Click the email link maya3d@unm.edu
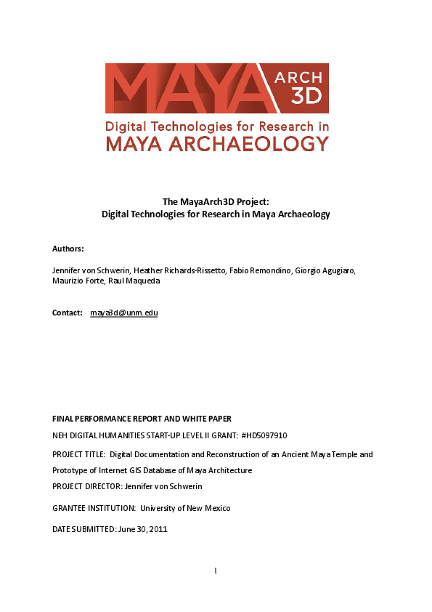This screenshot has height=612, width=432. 124,313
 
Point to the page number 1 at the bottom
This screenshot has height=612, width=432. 216,571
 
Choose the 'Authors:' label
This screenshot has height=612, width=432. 68,249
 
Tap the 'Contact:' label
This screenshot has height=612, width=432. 67,313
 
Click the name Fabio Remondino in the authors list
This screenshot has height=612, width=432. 245,270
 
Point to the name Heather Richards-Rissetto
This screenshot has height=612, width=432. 160,270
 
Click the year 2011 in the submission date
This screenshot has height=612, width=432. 158,529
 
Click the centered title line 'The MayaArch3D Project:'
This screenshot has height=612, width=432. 216,202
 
